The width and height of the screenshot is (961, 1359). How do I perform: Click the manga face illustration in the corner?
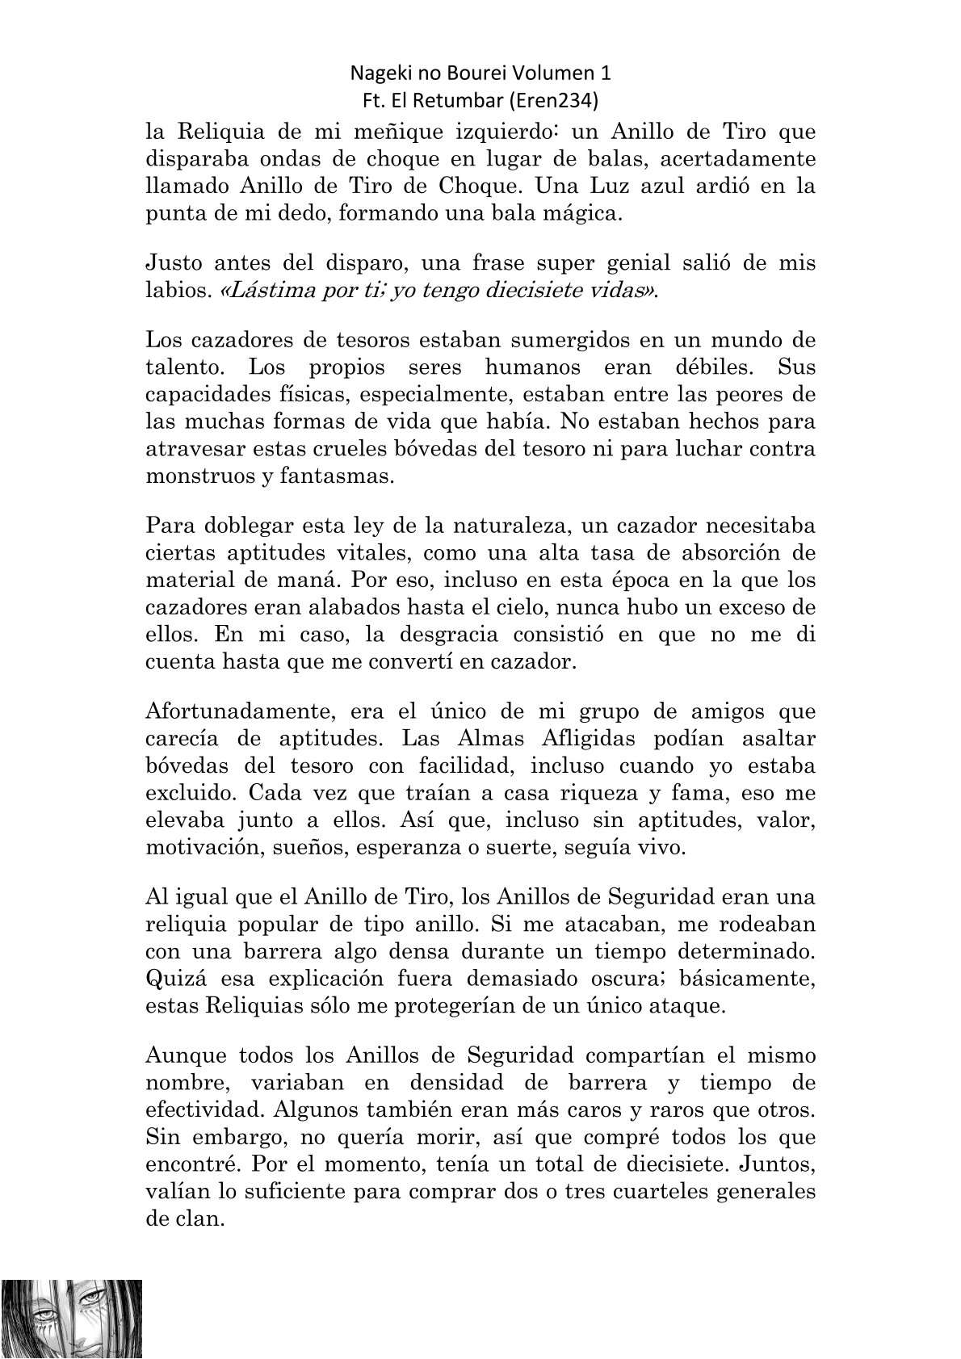tap(71, 1319)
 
